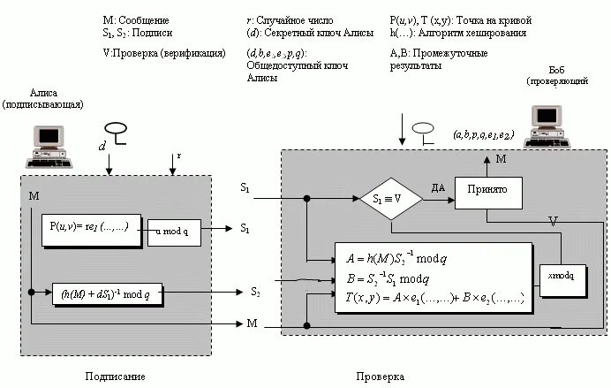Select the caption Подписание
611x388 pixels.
click(116, 376)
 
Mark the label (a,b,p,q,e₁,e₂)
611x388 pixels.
click(482, 134)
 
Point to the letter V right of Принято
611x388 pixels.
click(554, 218)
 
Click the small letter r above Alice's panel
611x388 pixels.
click(179, 156)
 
